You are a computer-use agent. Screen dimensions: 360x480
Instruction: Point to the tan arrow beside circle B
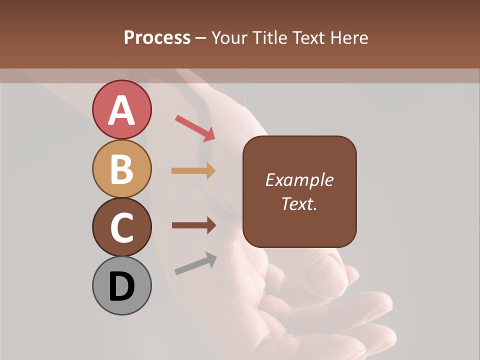(x=193, y=170)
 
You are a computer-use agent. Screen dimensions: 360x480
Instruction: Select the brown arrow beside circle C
(x=193, y=225)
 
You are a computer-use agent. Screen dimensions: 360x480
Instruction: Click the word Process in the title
(x=157, y=38)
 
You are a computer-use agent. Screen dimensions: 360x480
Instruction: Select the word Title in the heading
(x=268, y=38)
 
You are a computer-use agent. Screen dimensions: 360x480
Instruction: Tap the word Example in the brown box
(x=299, y=180)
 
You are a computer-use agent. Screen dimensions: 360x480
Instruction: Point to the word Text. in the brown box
(x=299, y=203)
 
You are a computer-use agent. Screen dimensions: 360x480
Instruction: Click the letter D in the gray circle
(x=121, y=287)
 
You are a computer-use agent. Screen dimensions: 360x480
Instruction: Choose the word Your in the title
(x=230, y=38)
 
